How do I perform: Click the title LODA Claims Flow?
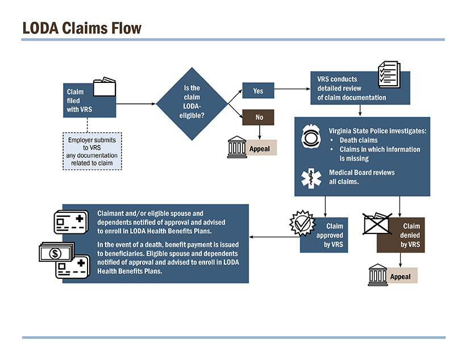pos(81,28)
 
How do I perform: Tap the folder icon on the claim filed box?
pos(103,87)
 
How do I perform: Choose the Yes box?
pos(258,91)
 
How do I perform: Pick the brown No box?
pos(259,117)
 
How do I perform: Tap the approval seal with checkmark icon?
pos(302,223)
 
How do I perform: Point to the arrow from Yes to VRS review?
pos(292,90)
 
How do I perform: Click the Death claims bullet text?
pos(358,140)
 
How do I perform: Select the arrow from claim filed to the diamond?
pos(136,104)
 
